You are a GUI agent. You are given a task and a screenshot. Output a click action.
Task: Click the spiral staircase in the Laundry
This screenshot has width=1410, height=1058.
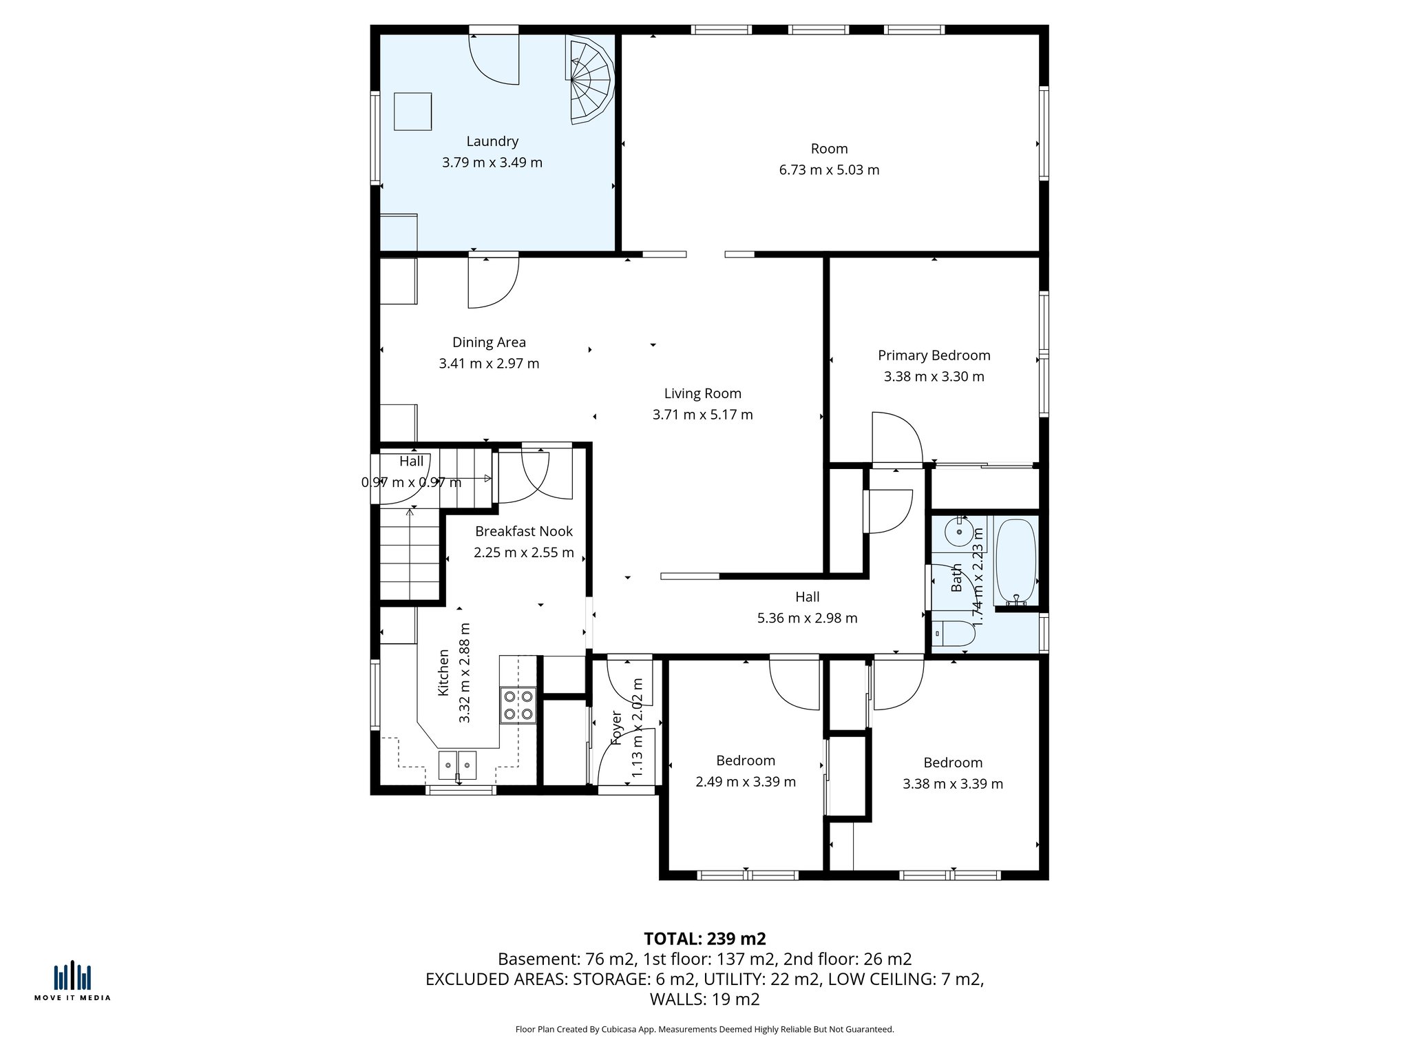click(589, 81)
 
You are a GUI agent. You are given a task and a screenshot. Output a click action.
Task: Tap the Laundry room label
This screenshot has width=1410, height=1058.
click(492, 141)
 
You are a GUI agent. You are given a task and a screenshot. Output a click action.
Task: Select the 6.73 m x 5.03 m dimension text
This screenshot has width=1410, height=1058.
click(829, 170)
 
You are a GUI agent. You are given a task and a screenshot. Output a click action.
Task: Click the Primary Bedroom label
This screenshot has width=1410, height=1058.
click(934, 355)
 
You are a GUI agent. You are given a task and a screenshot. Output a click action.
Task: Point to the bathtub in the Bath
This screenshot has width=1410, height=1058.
click(1016, 561)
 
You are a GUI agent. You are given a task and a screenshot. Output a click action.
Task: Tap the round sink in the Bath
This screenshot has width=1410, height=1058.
click(959, 532)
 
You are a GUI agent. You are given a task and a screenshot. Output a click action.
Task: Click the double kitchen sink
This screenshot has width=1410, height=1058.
click(458, 765)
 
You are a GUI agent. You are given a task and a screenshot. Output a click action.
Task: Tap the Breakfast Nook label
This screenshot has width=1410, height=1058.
click(523, 531)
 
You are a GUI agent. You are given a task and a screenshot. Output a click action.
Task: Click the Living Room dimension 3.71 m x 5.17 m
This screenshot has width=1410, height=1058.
click(702, 415)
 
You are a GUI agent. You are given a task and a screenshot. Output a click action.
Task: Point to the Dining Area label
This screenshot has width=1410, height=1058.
click(489, 342)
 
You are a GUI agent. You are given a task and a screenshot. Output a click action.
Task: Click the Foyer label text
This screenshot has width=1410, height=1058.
click(616, 728)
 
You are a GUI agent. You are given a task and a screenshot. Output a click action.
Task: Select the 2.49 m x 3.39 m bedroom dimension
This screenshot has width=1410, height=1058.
click(745, 782)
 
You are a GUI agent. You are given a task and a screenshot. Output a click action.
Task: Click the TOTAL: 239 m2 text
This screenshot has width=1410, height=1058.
click(704, 938)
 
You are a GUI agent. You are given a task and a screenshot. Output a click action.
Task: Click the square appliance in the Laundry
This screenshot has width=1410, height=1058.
click(412, 112)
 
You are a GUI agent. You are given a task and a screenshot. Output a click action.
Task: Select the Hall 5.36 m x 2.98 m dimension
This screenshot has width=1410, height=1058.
click(807, 618)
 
